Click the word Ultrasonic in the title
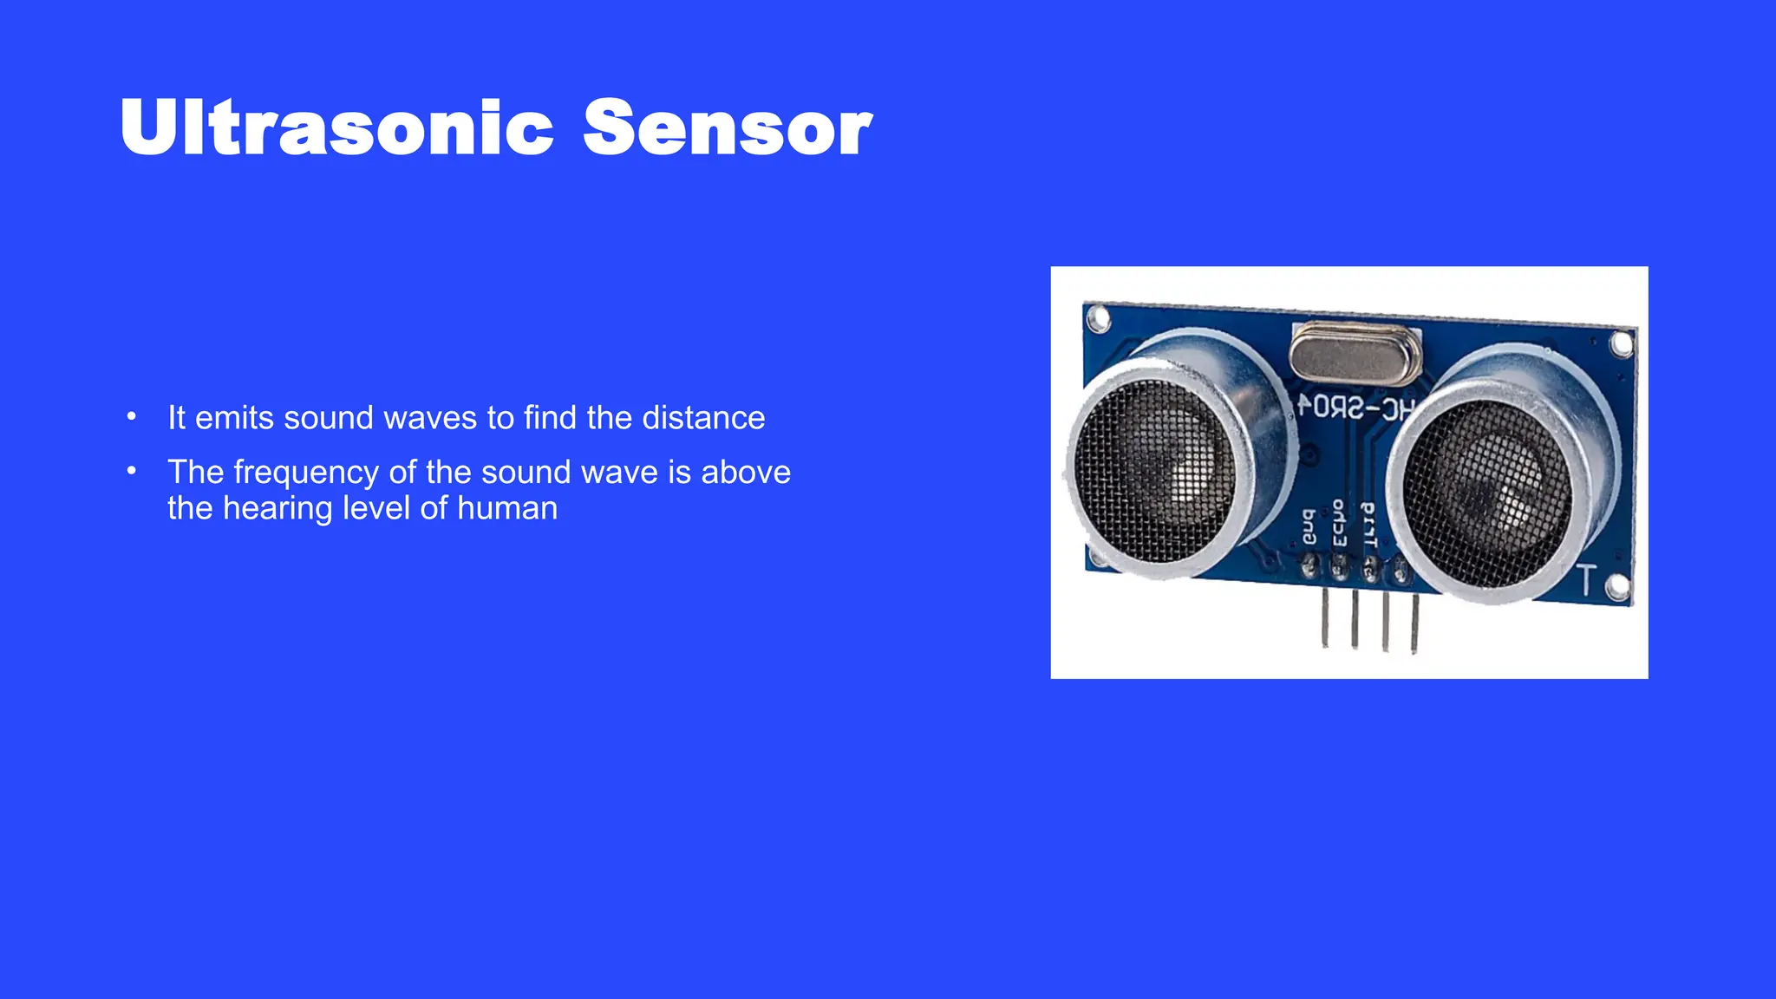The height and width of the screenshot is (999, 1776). [336, 128]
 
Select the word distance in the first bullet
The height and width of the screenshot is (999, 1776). [703, 418]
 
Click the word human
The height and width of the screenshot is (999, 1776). [507, 509]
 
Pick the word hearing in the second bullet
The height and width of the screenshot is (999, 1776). [278, 509]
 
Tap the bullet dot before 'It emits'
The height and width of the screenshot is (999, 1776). [132, 417]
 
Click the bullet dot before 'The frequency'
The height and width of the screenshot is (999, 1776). [132, 472]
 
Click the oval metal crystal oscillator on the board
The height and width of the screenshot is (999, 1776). [1355, 353]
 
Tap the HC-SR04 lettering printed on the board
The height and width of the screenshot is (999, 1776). [1356, 408]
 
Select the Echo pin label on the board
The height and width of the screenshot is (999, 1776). [1339, 523]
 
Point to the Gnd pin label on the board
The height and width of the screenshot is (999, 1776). [1309, 526]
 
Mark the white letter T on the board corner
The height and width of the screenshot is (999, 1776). [1585, 579]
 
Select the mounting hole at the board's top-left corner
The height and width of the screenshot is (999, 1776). [1098, 319]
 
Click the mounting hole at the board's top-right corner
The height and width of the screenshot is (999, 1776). [1621, 344]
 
